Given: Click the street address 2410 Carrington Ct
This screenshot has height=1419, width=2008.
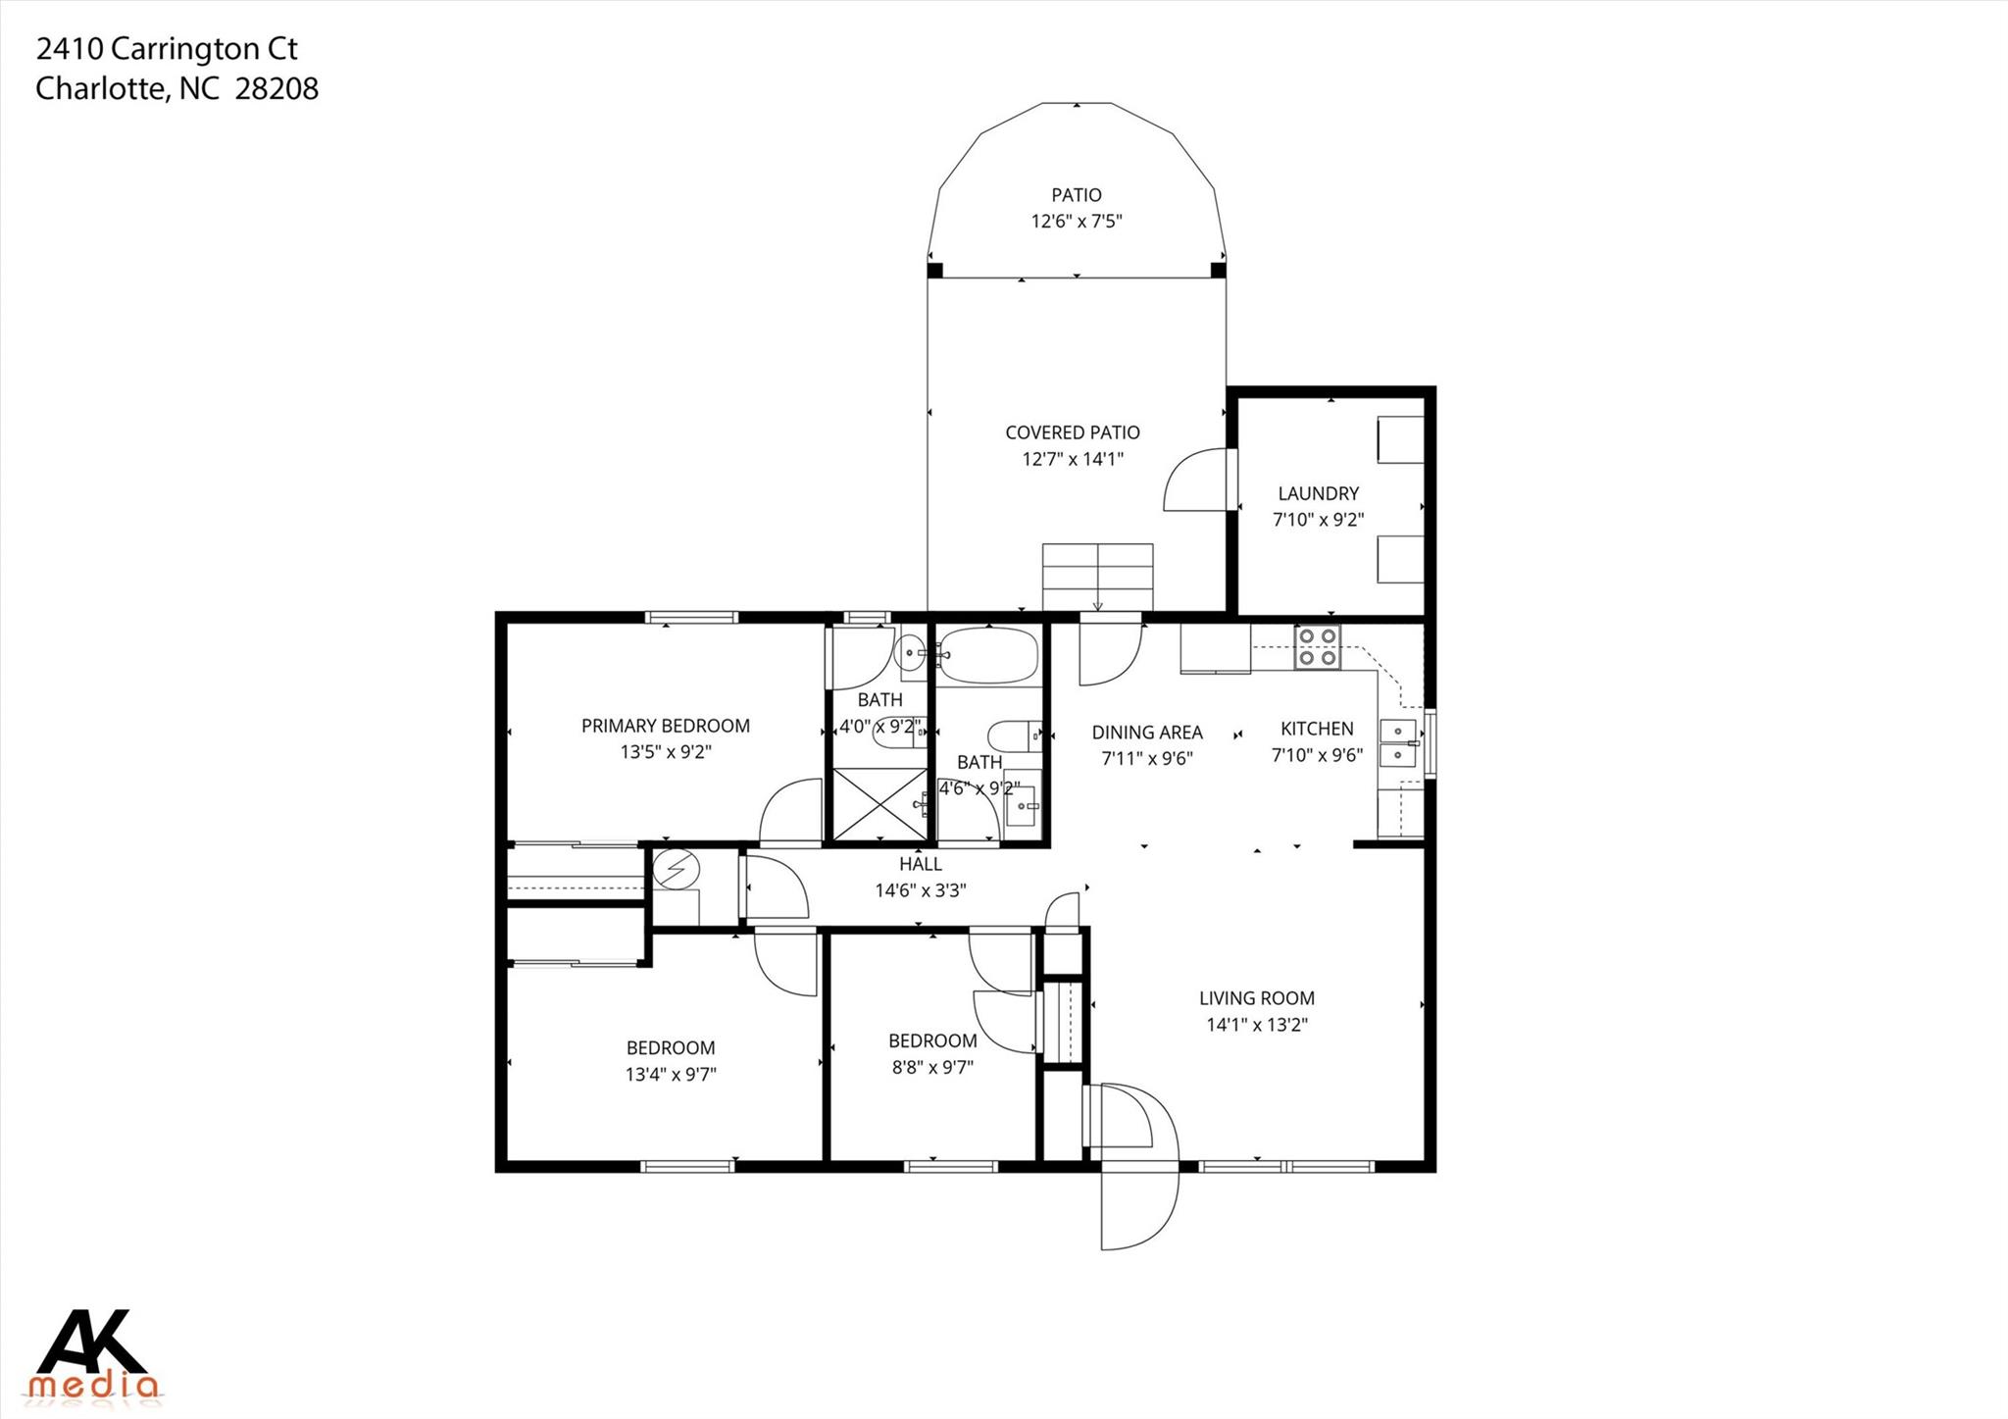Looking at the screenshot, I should tap(167, 48).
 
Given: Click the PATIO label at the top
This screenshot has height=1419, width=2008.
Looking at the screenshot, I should tap(1077, 195).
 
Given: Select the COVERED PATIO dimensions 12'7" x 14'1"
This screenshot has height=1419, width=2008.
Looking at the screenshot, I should tap(1073, 459).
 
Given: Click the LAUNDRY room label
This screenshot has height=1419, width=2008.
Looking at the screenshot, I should tap(1318, 493).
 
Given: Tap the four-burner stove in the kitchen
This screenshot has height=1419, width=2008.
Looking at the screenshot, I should tap(1317, 647).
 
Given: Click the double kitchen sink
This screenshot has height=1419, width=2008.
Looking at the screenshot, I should tap(1398, 743).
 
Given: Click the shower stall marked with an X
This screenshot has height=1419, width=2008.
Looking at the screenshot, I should tap(879, 804).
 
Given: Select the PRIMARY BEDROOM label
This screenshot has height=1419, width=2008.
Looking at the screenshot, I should tap(665, 726).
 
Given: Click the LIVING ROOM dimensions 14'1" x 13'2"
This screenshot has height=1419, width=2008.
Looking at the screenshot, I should tap(1257, 1025).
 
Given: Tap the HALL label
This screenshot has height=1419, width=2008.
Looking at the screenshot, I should tap(920, 864).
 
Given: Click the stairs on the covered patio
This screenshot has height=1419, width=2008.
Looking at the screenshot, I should tap(1097, 576).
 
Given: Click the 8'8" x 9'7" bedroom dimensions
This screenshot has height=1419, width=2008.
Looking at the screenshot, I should tap(931, 1067).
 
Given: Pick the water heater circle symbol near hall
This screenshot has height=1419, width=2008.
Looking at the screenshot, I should tap(677, 869).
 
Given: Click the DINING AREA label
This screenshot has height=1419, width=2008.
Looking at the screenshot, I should tap(1146, 733).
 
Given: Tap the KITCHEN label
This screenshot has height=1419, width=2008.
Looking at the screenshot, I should tap(1317, 729).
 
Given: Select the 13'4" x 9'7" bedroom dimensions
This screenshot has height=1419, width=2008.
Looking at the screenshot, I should tap(671, 1074).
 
